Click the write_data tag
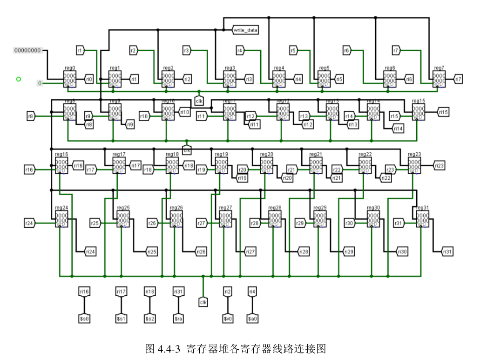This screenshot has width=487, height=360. [245, 30]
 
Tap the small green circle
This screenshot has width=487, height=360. [19, 79]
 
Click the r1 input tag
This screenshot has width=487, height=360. [80, 50]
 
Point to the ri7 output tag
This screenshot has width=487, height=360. [458, 79]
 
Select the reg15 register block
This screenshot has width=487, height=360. [418, 112]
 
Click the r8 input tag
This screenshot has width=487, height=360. [31, 116]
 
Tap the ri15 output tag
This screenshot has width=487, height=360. [443, 112]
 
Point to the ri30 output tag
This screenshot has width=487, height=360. [401, 251]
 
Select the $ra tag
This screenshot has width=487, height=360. [178, 319]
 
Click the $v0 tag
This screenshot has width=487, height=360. [228, 319]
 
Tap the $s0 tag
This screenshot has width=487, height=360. [84, 319]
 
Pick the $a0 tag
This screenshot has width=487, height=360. [252, 319]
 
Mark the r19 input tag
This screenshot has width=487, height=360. [202, 170]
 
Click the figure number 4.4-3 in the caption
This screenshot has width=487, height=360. [169, 348]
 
